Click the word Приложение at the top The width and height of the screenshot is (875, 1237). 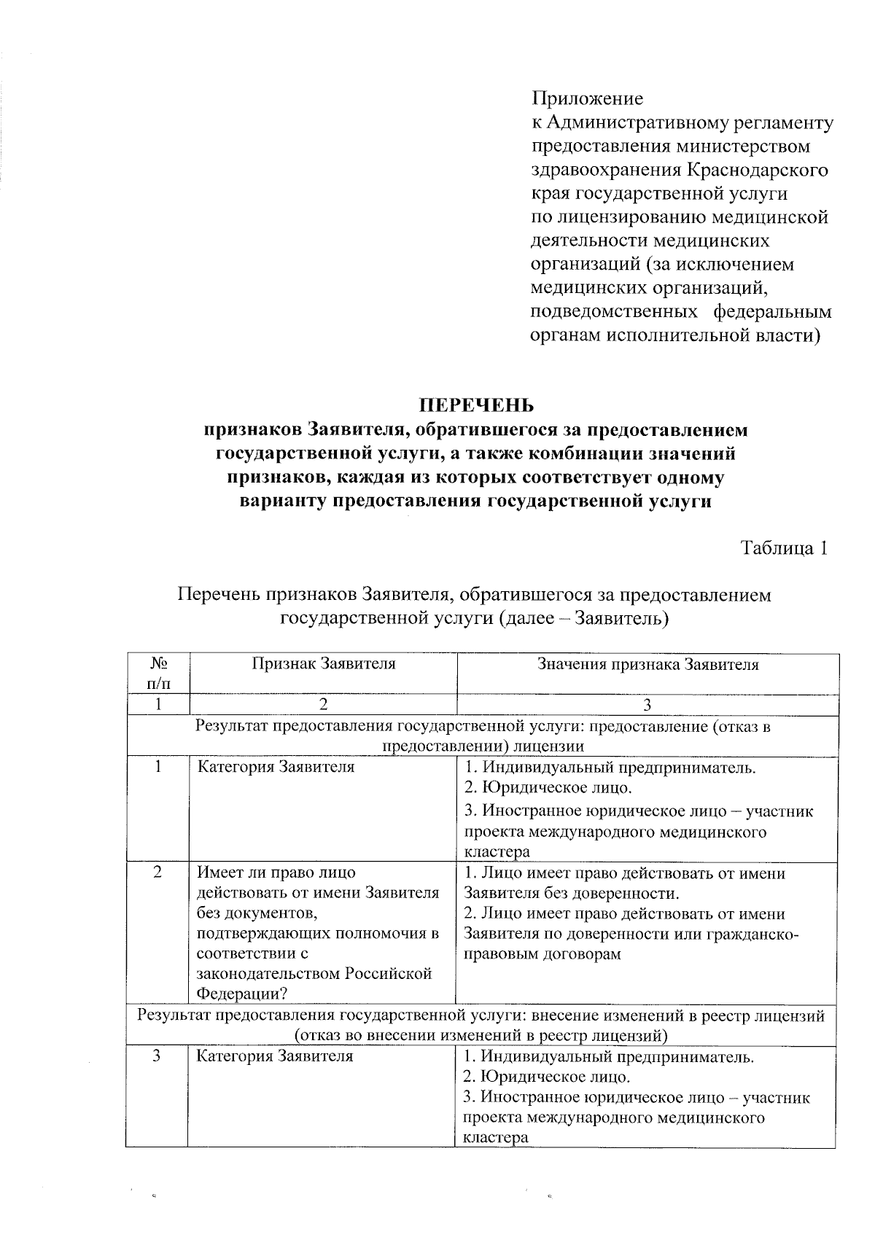pos(587,98)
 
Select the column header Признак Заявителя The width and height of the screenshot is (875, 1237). pos(323,664)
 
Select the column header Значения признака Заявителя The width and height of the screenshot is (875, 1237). pos(647,665)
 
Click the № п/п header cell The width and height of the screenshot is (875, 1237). pos(158,674)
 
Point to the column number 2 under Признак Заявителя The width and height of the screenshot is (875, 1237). pos(323,705)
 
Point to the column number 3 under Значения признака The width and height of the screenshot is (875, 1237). pos(647,705)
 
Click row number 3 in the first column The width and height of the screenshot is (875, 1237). pos(157,1055)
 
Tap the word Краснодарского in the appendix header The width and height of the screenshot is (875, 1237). pos(756,171)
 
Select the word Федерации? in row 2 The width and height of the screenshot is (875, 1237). pos(241,994)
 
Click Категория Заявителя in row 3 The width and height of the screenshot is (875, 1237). pos(275,1056)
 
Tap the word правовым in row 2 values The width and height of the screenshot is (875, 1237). pos(496,954)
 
